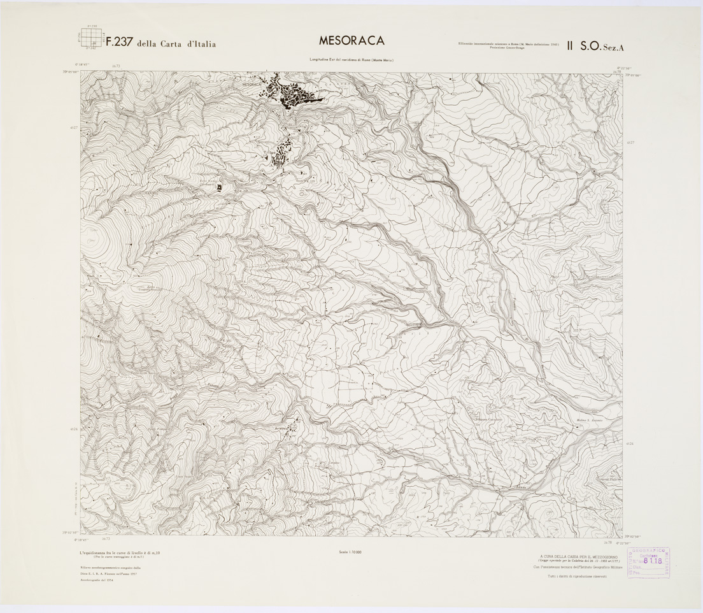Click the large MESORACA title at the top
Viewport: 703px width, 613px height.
tap(351, 40)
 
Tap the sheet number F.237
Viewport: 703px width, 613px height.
tap(117, 43)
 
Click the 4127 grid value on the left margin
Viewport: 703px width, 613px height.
tap(74, 127)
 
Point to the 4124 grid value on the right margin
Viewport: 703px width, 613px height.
tap(629, 444)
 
